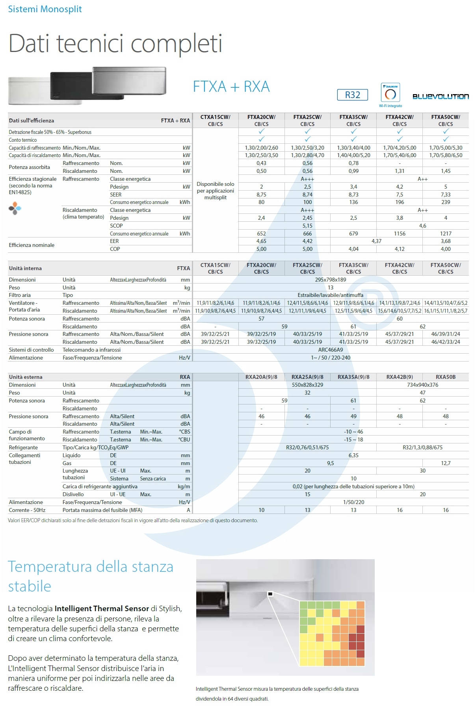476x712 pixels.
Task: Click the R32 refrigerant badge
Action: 352,95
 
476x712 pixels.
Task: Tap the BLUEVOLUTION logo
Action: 441,96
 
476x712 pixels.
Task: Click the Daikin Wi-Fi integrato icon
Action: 390,94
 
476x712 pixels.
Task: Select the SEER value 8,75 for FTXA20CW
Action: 261,195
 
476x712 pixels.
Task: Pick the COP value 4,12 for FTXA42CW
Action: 400,249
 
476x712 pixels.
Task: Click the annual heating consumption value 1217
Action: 446,234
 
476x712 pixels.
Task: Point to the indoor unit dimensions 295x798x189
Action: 330,280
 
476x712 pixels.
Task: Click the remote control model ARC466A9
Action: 330,350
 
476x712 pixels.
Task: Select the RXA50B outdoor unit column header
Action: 446,377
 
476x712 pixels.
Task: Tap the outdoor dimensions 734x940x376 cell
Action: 422,385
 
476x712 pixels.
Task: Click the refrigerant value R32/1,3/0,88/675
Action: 422,447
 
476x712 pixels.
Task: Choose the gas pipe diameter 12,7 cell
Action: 446,463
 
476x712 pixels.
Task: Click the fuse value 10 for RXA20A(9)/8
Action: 261,510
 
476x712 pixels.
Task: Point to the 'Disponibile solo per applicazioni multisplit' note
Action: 215,191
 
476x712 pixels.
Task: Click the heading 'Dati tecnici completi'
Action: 115,43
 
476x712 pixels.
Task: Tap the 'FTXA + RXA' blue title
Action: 231,87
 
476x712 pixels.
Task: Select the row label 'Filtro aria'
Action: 20,295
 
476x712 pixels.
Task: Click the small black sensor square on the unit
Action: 270,594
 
